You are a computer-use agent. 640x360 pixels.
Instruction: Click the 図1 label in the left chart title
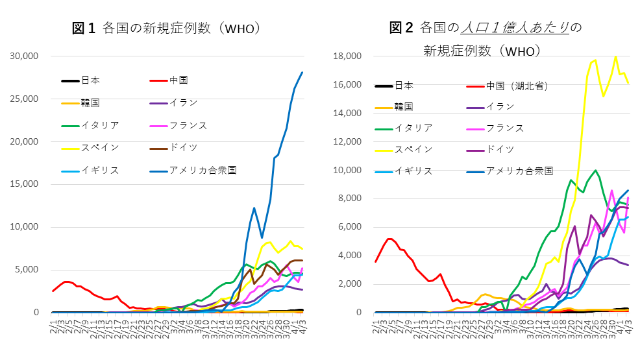click(84, 28)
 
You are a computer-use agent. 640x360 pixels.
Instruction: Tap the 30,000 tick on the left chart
click(25, 56)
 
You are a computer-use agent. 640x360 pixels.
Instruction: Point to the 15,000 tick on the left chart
click(25, 184)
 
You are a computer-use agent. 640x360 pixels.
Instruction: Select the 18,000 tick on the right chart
click(347, 56)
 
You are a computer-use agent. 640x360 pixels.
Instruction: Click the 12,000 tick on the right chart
click(347, 141)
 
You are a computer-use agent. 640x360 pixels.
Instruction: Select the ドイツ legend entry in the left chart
click(183, 148)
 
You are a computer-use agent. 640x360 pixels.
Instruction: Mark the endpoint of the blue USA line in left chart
click(302, 73)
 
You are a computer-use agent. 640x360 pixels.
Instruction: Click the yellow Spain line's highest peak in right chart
click(615, 56)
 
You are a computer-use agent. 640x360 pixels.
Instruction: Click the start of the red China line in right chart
click(375, 261)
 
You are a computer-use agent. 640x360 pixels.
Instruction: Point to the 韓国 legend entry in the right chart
click(404, 106)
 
